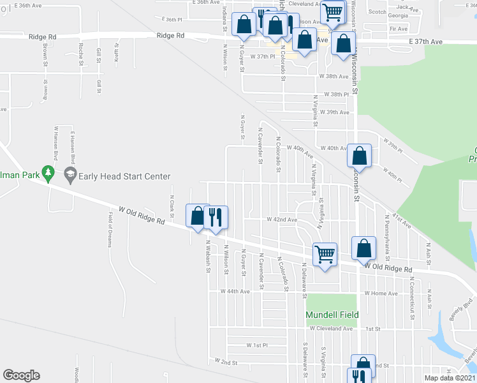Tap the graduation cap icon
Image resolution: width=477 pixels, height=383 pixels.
(x=70, y=174)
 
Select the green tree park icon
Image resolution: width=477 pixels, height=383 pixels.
(x=47, y=173)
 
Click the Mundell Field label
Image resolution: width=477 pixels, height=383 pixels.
(x=332, y=315)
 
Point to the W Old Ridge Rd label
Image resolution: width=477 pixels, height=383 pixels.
(x=142, y=214)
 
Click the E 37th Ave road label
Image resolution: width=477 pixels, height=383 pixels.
(x=426, y=41)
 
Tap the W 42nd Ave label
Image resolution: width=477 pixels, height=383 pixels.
(x=281, y=220)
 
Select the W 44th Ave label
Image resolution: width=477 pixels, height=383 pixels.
(x=235, y=291)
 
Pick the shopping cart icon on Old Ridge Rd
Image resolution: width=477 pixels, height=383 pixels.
(x=325, y=254)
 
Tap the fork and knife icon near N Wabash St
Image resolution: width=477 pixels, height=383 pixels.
(x=216, y=217)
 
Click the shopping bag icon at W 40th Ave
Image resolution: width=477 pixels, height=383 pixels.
(x=360, y=155)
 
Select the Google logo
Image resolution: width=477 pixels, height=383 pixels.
(x=21, y=375)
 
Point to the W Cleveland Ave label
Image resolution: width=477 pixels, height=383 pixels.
(x=331, y=329)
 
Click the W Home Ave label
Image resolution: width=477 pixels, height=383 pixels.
(x=381, y=294)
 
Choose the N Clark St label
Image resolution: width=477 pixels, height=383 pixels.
(x=172, y=204)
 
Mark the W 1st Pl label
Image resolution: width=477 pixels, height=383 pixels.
(x=257, y=345)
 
